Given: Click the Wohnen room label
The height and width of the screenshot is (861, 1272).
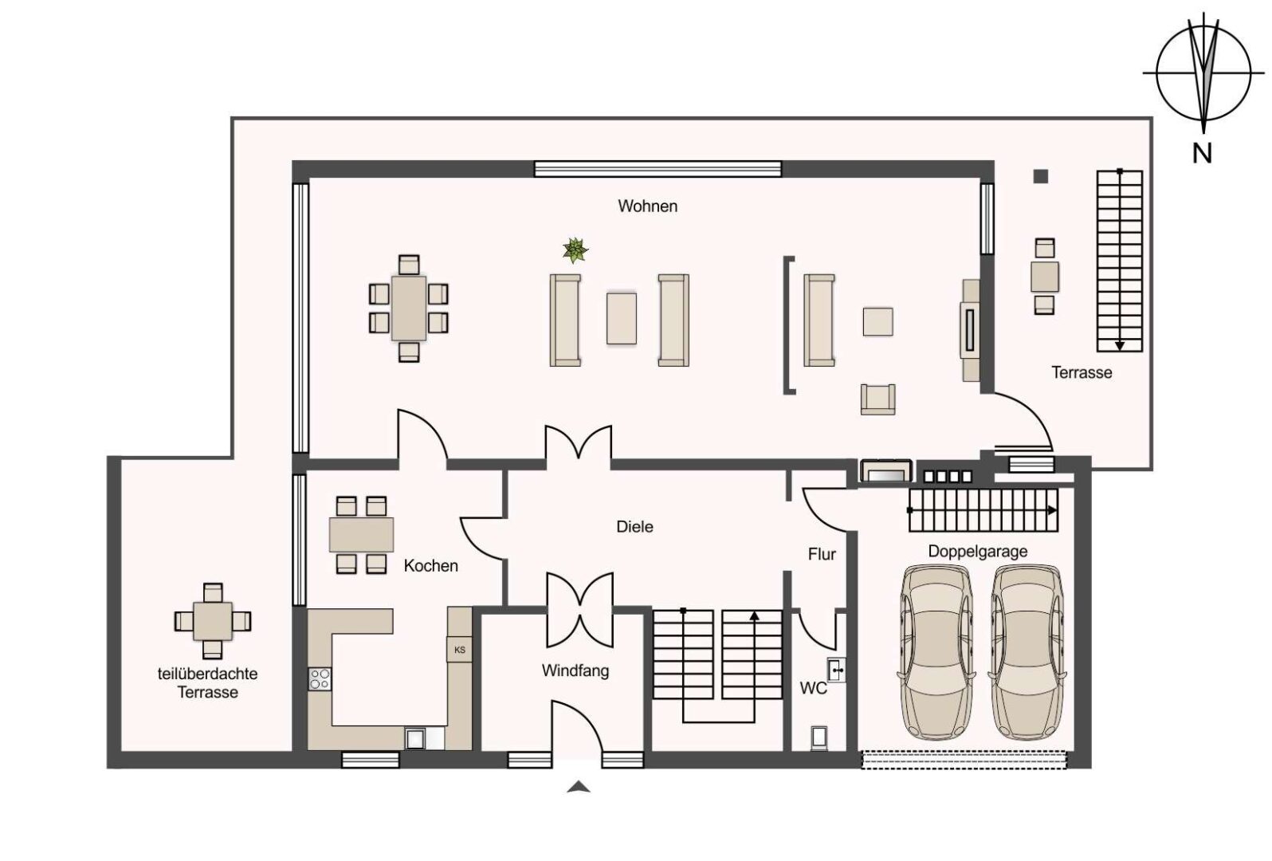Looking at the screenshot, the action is tap(647, 206).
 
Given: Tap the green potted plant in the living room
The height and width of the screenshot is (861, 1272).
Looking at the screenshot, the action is tap(575, 250).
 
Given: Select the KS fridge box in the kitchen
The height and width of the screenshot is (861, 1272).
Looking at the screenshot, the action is tap(459, 650).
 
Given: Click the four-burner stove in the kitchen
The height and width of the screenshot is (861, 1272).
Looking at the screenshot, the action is tap(320, 679).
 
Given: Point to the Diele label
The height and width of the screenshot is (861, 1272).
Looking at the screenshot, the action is tap(635, 527).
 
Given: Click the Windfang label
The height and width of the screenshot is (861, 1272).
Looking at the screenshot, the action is tap(575, 670).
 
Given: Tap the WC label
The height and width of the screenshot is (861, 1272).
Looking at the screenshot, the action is tap(813, 688).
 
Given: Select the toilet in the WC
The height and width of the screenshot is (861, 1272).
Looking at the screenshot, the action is tap(819, 739).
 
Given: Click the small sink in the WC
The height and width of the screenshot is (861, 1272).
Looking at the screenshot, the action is tap(836, 670).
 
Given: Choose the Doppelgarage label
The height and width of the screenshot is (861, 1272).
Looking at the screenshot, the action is tap(978, 552).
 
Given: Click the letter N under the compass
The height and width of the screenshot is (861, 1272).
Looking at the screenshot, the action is tap(1202, 153).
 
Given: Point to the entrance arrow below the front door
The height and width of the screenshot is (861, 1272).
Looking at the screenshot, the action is tap(578, 787).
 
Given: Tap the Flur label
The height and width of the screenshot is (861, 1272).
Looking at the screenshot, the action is tap(822, 554).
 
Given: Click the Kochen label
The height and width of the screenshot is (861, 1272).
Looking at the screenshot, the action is tap(431, 566).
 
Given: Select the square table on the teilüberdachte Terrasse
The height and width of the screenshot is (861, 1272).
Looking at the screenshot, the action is tap(212, 621).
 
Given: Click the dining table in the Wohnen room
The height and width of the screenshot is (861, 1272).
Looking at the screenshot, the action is tap(408, 309).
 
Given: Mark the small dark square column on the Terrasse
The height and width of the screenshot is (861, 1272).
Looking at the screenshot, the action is tap(1040, 177).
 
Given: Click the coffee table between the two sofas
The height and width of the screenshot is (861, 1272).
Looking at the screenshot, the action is tap(621, 319).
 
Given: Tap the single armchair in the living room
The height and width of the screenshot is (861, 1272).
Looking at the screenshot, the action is tap(877, 399).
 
